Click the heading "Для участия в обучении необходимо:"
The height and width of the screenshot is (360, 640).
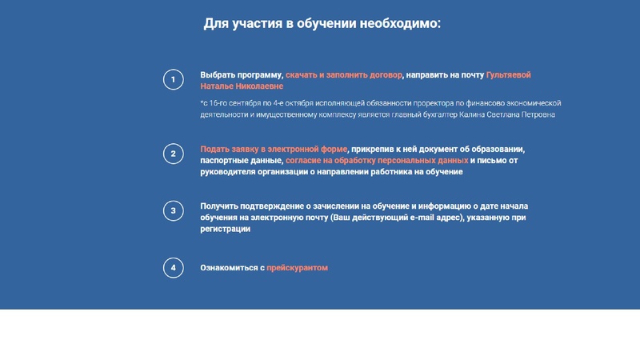point(322,23)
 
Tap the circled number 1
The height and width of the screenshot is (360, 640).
point(173,80)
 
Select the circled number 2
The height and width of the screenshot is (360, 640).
point(173,154)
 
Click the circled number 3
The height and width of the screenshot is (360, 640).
point(173,211)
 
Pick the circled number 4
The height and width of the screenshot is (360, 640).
point(173,268)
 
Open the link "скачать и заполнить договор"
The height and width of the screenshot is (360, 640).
point(344,75)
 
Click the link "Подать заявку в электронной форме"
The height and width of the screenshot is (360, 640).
point(274,150)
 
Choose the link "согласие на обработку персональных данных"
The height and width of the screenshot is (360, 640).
point(377,161)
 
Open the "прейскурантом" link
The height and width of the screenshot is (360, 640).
point(297,268)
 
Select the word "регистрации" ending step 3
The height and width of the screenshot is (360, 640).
point(225,229)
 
